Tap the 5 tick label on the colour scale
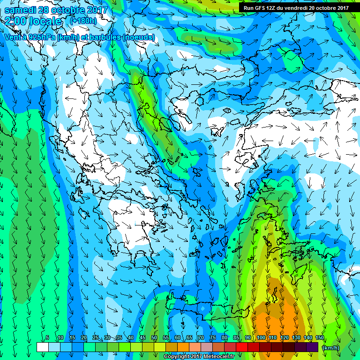48,337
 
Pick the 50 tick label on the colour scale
154,337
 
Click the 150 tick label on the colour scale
320,337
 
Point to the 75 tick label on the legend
213,337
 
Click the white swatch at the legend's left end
42,347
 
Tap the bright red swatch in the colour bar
241,347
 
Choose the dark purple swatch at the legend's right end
312,347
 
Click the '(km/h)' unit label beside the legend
331,347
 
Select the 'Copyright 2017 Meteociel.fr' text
199,356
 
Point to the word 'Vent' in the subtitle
13,37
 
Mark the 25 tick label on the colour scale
95,337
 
